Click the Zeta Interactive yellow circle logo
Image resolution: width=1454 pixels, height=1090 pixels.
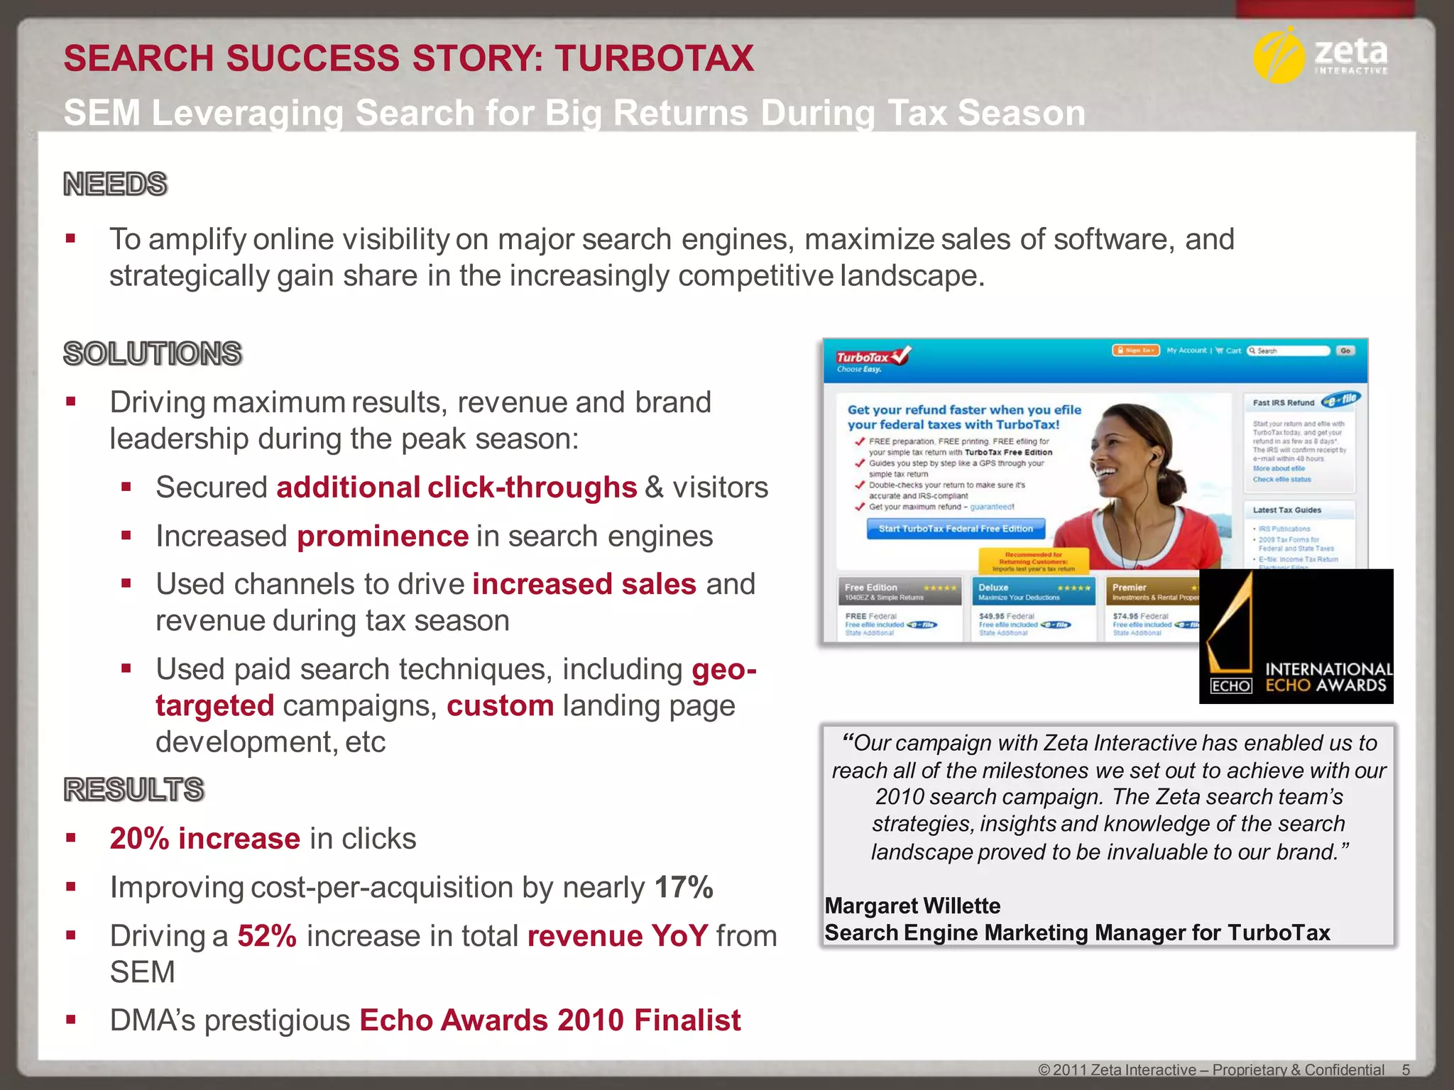point(1279,56)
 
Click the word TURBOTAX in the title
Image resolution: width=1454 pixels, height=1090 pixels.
point(654,58)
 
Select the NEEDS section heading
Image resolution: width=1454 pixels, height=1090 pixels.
point(115,185)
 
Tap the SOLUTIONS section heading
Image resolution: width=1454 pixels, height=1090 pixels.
point(153,353)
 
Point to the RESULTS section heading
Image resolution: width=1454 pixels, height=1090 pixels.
point(134,789)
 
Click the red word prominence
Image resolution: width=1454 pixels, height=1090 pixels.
point(383,536)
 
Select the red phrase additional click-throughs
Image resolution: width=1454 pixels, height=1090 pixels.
point(457,488)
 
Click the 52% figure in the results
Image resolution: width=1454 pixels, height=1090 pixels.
point(267,936)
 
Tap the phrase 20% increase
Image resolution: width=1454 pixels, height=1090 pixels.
point(204,839)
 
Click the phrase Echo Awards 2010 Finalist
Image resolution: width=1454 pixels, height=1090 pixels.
point(550,1020)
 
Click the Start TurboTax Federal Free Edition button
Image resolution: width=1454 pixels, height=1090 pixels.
point(956,529)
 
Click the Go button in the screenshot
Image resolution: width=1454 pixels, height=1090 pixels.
point(1345,351)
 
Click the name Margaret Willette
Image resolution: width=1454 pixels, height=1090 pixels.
point(912,906)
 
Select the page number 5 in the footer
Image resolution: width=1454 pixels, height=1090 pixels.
point(1406,1070)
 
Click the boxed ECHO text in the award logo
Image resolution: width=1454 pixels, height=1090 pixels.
point(1230,686)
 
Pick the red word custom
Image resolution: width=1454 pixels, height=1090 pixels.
point(500,706)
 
